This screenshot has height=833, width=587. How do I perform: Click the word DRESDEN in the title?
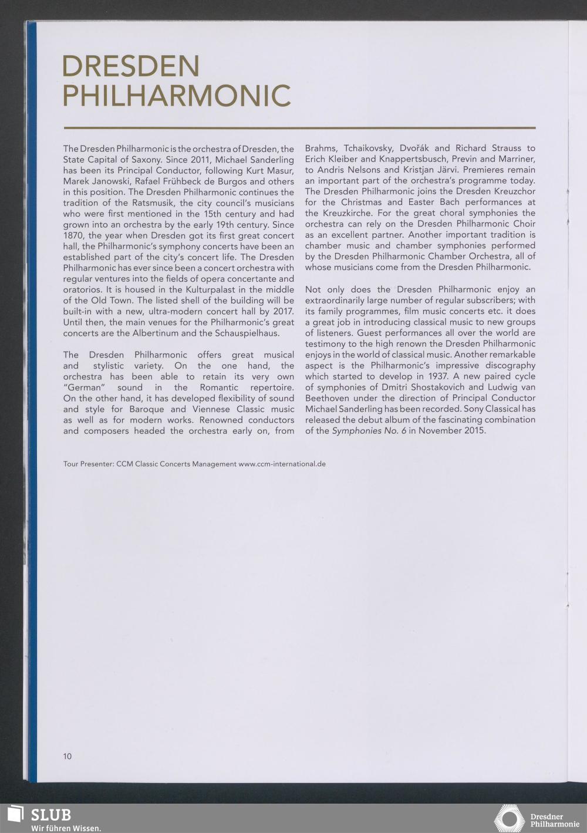[x=130, y=66]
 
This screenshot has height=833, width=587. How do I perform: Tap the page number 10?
[x=68, y=756]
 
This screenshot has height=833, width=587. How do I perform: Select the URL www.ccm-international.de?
[x=282, y=464]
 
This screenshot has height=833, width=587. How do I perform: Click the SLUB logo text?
[x=50, y=815]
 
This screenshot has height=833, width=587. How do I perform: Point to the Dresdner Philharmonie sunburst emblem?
[x=509, y=818]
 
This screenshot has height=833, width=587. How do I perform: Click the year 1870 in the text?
[x=73, y=235]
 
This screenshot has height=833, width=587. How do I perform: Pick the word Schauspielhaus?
[x=247, y=333]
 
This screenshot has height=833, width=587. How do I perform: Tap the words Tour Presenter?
[x=88, y=464]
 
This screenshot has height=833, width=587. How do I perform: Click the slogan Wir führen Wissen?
[x=66, y=828]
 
